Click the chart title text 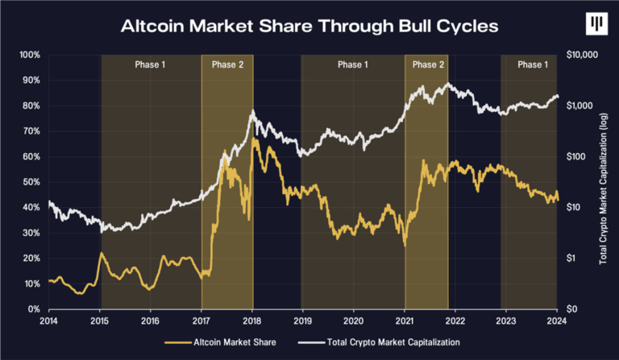coord(309,26)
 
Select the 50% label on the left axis coord(31,182)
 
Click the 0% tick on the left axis coord(33,309)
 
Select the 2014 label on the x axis coord(49,321)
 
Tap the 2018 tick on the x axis coord(252,321)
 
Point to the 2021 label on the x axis coord(405,321)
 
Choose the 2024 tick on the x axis coord(557,321)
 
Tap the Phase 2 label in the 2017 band coord(227,64)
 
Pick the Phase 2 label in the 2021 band coord(426,64)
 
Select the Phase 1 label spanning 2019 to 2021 coord(353,64)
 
